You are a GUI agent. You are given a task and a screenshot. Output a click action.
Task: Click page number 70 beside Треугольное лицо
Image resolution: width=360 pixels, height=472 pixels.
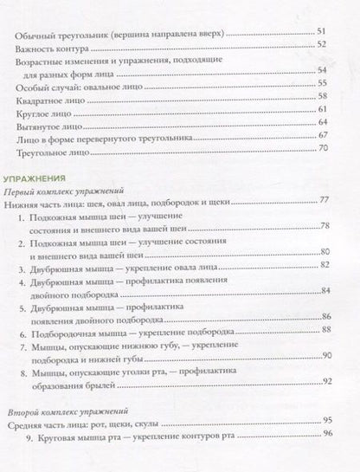coord(325,149)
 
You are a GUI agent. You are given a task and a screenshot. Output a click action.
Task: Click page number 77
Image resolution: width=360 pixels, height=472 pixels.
coord(325,201)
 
